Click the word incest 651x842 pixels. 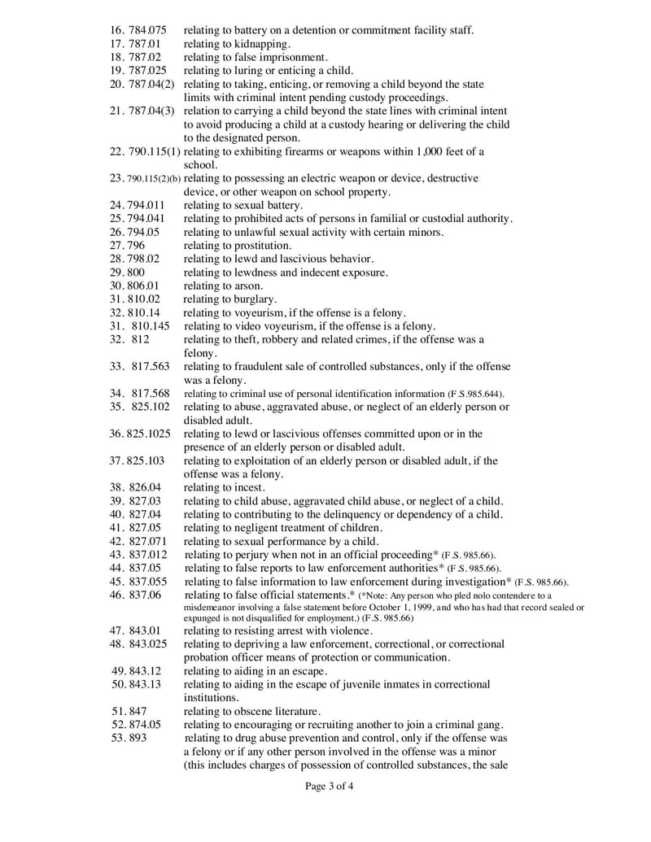[x=246, y=487]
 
